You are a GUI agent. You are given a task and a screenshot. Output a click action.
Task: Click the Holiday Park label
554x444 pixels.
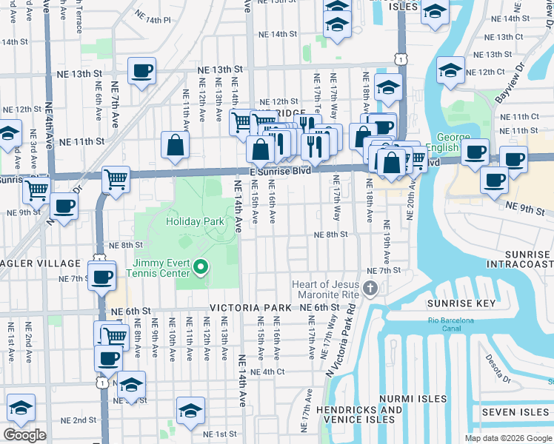pos(195,221)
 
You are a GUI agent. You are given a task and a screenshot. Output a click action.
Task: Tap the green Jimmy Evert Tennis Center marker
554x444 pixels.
pos(199,266)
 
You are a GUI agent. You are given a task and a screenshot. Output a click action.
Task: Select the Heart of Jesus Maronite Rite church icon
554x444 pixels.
pos(371,286)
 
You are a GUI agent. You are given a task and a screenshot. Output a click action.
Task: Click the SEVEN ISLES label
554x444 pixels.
pos(514,411)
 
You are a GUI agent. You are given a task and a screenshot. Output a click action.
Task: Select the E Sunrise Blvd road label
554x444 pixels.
pos(279,170)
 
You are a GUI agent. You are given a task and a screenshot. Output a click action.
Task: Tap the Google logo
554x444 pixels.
pos(24,435)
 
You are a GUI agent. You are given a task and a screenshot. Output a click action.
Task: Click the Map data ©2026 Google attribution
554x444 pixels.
pos(507,438)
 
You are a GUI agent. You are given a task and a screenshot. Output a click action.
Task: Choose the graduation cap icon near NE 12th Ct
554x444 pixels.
pos(450,70)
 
